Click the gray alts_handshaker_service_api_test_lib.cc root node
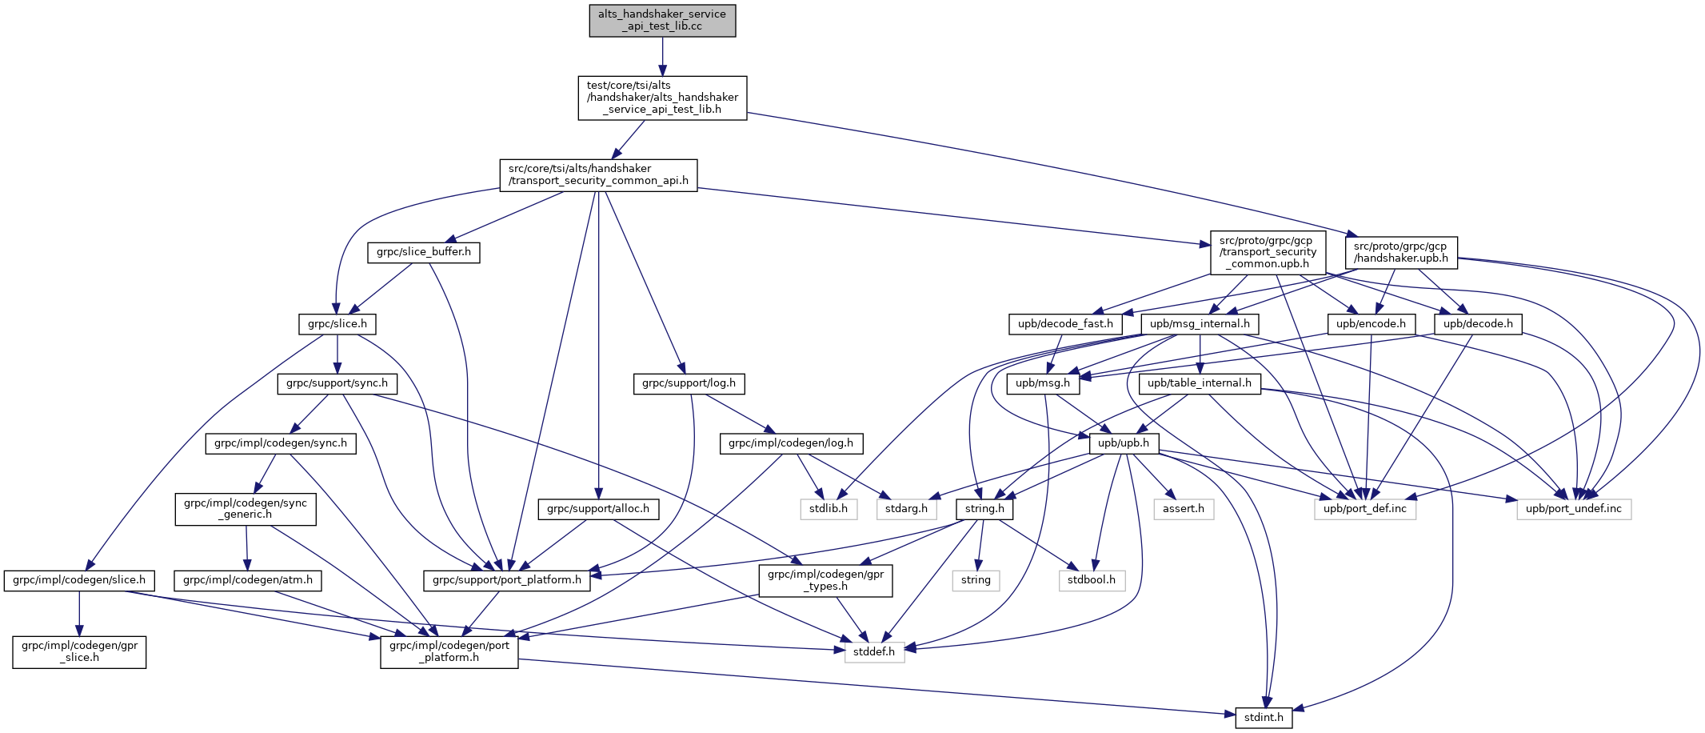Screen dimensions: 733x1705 click(662, 20)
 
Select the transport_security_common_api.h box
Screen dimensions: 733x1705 click(598, 174)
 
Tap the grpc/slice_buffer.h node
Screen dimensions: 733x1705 click(424, 252)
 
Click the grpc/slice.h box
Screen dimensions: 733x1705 click(337, 324)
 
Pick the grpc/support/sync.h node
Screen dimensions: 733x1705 click(337, 383)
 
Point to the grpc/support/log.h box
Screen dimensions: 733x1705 click(689, 383)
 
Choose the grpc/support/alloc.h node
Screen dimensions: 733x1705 click(599, 508)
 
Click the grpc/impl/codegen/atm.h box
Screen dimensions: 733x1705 click(248, 580)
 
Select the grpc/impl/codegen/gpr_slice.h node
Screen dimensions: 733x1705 click(79, 651)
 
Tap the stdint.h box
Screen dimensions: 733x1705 click(1264, 717)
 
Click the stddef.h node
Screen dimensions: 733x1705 click(875, 651)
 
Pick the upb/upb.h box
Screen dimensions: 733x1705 click(1124, 443)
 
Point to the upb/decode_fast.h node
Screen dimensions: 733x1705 click(1065, 324)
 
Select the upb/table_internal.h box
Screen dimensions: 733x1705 click(1200, 383)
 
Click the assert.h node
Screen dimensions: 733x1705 click(1184, 509)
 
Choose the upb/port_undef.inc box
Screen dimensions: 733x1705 click(1574, 509)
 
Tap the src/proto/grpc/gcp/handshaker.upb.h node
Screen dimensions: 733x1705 click(1401, 252)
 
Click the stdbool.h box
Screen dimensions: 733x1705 click(1092, 580)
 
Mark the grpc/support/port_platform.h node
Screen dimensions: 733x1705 click(507, 580)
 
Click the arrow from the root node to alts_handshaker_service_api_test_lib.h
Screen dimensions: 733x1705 click(662, 56)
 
